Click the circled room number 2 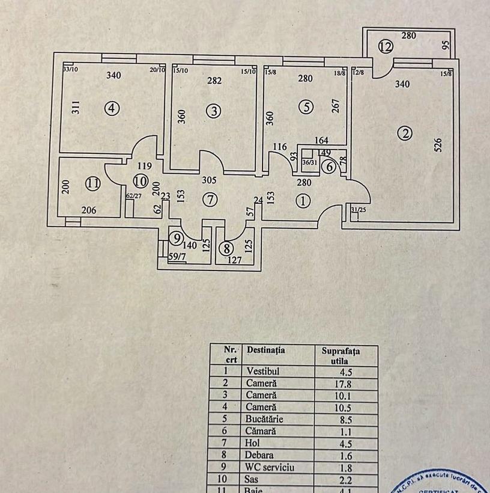click(x=407, y=133)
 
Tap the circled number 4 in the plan click(x=112, y=109)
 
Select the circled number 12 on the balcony click(x=386, y=46)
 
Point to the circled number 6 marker click(x=329, y=168)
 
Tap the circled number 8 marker click(x=226, y=248)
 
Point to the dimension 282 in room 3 click(x=214, y=81)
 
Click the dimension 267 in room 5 click(x=336, y=106)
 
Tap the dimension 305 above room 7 click(x=208, y=179)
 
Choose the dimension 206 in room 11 click(x=89, y=210)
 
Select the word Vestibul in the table click(x=262, y=372)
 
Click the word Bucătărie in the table click(x=264, y=420)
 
